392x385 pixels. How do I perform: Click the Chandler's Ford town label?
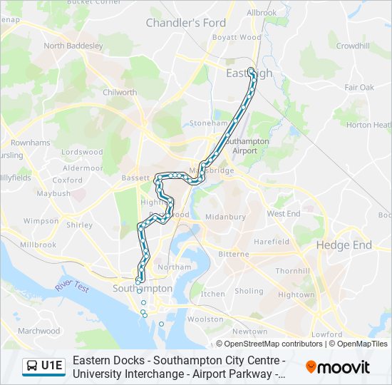pos(185,23)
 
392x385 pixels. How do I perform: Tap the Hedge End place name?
pos(344,245)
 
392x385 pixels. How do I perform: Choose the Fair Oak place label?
pos(359,87)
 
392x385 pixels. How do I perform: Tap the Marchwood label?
pos(38,331)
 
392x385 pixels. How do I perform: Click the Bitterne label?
pos(234,254)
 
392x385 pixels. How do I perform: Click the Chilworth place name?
pos(120,92)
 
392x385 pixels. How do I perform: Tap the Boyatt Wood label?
pos(237,37)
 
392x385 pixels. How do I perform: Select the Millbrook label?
pos(38,245)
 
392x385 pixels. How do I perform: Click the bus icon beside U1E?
pos(32,366)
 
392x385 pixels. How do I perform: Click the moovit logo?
pos(338,367)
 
